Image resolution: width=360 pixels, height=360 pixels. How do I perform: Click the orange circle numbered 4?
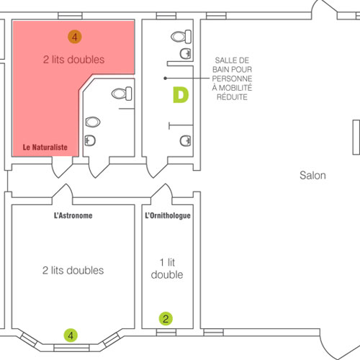(x=75, y=37)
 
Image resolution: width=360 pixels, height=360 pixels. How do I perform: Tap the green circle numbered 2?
(x=166, y=319)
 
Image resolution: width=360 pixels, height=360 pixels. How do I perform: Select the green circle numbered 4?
(x=71, y=336)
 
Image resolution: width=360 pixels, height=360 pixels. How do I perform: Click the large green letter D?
(x=181, y=95)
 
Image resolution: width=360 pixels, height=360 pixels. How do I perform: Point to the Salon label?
(x=312, y=176)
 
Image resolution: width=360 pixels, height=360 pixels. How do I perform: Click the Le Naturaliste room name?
(x=45, y=147)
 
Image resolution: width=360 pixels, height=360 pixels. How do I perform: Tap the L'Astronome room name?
(x=73, y=215)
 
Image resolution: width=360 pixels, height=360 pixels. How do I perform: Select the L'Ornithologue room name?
(x=168, y=215)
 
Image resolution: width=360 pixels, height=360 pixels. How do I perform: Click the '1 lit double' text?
(x=167, y=269)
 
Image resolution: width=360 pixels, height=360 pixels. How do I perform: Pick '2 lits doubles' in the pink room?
(x=74, y=60)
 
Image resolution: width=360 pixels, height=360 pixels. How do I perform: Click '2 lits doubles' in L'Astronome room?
(x=73, y=271)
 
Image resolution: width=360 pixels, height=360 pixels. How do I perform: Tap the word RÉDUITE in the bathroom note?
(x=232, y=97)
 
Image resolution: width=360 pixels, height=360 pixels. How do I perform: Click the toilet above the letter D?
(x=181, y=37)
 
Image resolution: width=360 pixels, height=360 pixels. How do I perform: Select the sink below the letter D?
(x=186, y=140)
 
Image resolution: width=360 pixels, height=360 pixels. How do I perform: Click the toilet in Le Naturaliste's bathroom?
(x=122, y=94)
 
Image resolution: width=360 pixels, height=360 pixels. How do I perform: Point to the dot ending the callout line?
(x=165, y=78)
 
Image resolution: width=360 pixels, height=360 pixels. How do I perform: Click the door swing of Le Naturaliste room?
(x=62, y=167)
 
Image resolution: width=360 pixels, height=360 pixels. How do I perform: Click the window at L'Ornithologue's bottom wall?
(x=166, y=333)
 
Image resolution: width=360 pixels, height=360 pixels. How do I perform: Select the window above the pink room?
(x=70, y=16)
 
